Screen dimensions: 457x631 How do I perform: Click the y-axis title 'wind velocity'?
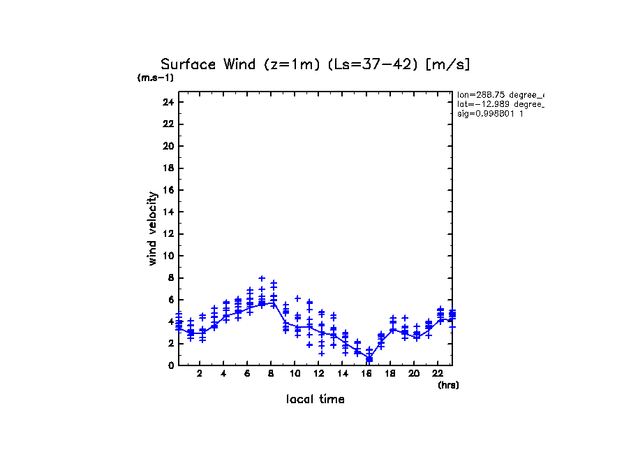pyautogui.click(x=152, y=228)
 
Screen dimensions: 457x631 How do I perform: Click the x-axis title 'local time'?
pyautogui.click(x=315, y=399)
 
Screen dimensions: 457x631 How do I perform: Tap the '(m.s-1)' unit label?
pyautogui.click(x=156, y=78)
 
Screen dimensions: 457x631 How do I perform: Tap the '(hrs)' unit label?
pyautogui.click(x=448, y=385)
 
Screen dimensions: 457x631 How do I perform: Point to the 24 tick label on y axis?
pyautogui.click(x=167, y=102)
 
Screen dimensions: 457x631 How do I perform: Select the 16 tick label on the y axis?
pyautogui.click(x=167, y=190)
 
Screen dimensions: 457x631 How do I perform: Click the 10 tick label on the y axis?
pyautogui.click(x=167, y=256)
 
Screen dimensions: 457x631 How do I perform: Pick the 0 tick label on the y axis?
pyautogui.click(x=170, y=365)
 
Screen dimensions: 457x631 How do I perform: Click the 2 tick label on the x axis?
pyautogui.click(x=200, y=374)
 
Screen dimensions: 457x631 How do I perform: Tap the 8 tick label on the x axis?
pyautogui.click(x=271, y=374)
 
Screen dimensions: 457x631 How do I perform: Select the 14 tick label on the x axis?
pyautogui.click(x=342, y=374)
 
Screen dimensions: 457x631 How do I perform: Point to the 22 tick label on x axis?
pyautogui.click(x=438, y=374)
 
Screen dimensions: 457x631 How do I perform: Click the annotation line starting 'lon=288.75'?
pyautogui.click(x=500, y=94)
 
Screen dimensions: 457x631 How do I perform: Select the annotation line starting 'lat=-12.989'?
pyautogui.click(x=500, y=103)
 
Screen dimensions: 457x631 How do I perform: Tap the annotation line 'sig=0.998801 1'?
pyautogui.click(x=491, y=113)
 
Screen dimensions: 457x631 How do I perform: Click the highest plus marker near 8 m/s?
pyautogui.click(x=262, y=278)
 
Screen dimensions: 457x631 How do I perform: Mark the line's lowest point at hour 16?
pyautogui.click(x=369, y=359)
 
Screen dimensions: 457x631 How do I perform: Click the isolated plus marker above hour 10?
pyautogui.click(x=297, y=298)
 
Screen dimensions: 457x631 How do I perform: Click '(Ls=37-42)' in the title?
pyautogui.click(x=364, y=65)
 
